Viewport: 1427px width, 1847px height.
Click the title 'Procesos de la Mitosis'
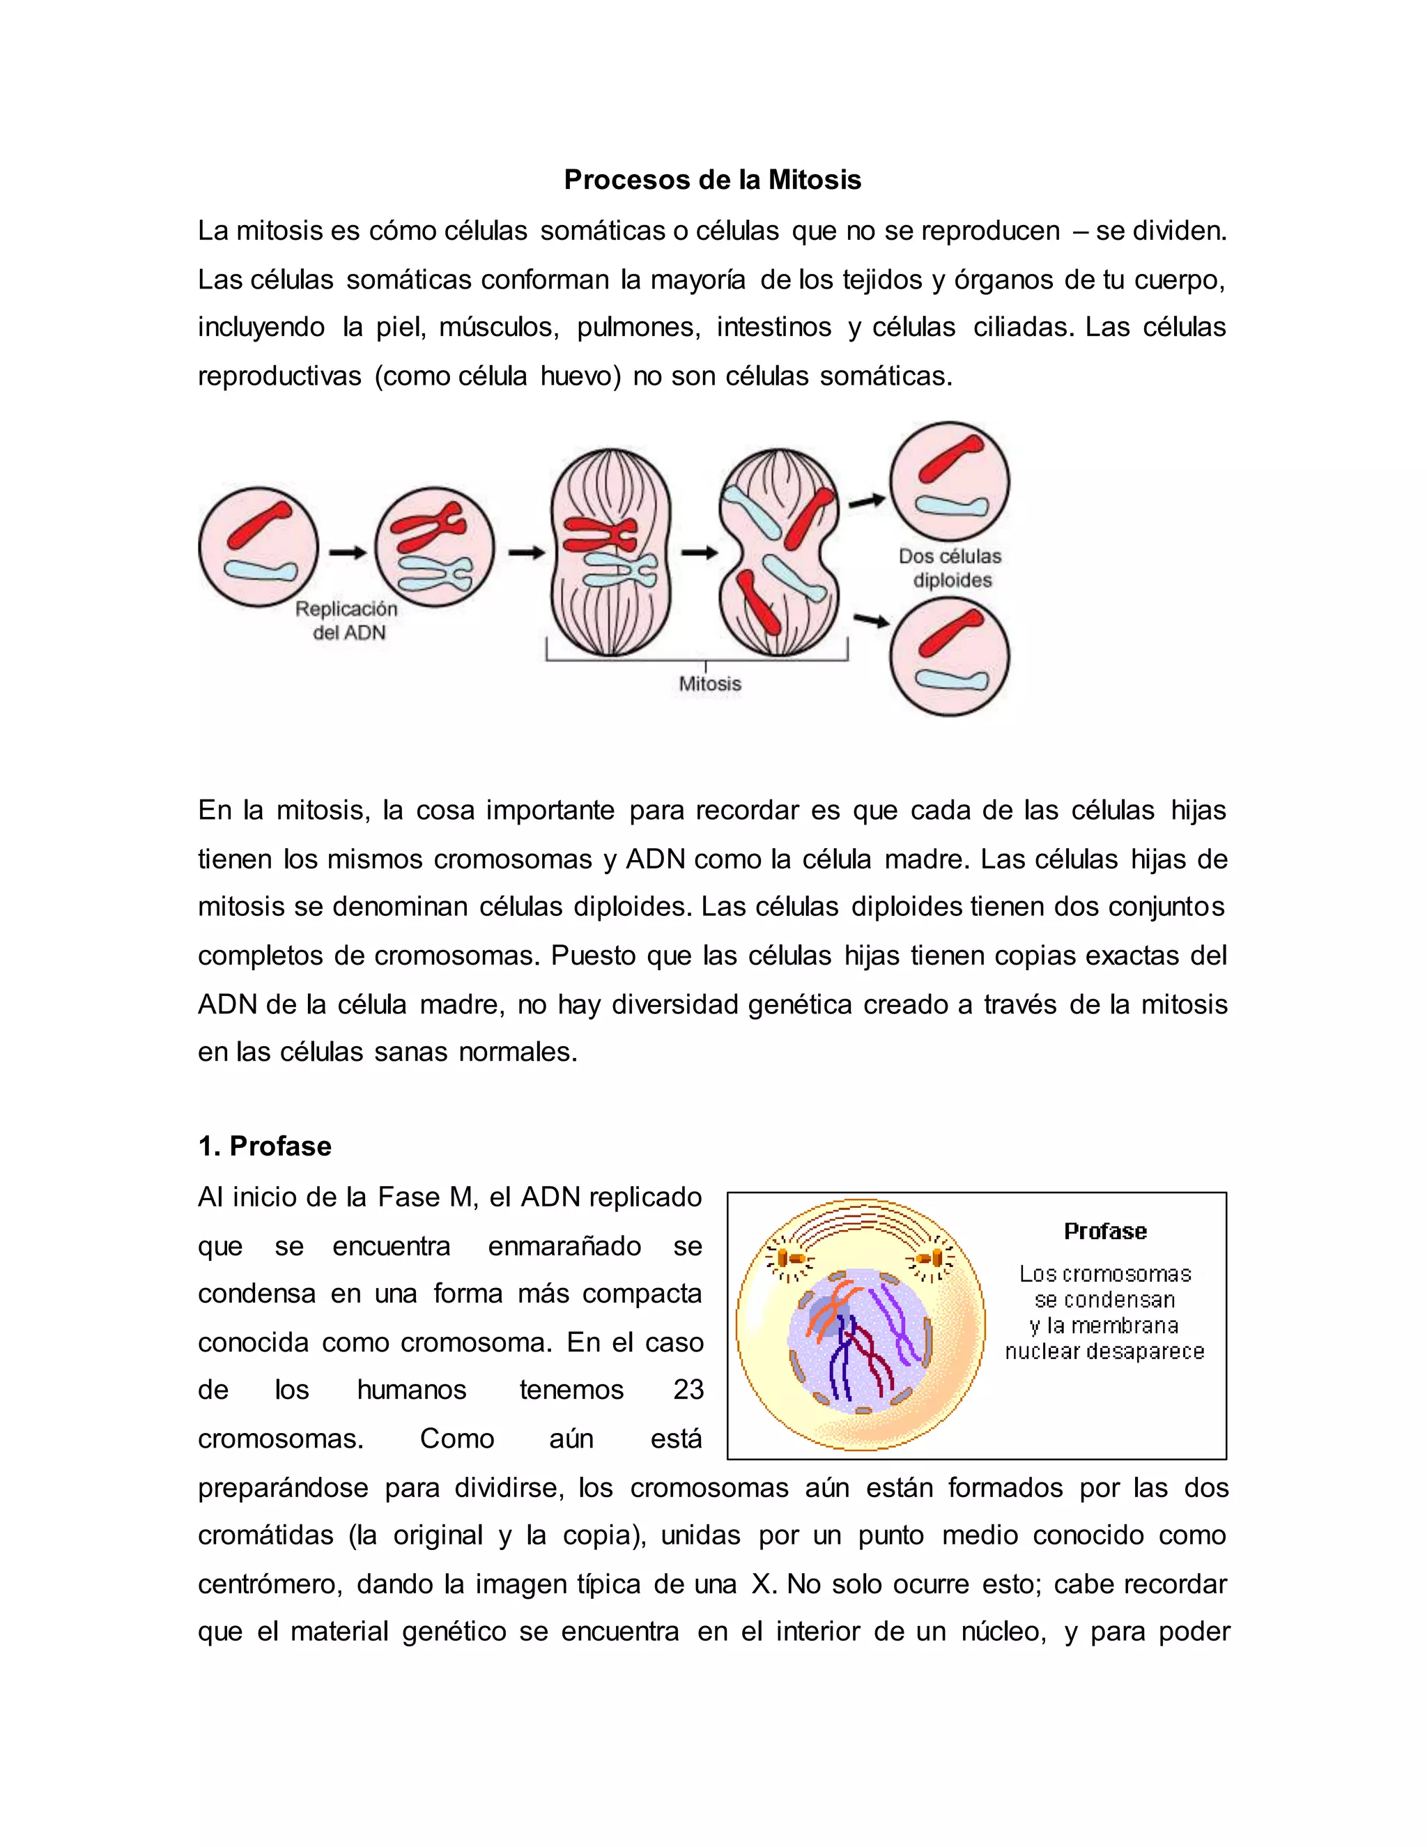coord(712,180)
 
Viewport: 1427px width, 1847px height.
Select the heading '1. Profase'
coord(265,1146)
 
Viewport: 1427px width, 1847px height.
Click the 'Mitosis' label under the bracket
coord(709,683)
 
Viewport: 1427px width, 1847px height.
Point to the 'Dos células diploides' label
coord(950,567)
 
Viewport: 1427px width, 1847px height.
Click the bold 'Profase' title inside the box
coord(1105,1232)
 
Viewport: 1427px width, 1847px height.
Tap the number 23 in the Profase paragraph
coord(688,1390)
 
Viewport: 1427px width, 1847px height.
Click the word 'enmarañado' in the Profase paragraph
coord(564,1246)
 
